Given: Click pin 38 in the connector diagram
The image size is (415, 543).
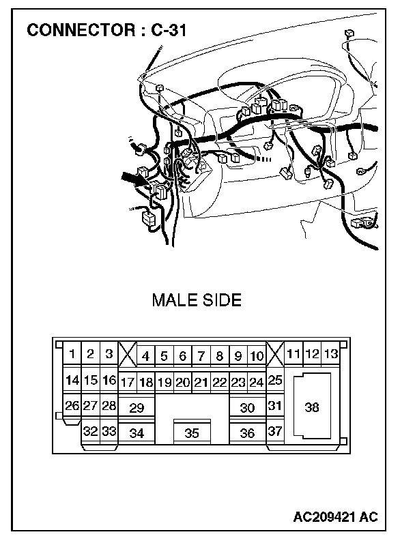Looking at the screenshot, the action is pos(312,408).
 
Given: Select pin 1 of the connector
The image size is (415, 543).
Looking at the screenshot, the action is pos(72,354).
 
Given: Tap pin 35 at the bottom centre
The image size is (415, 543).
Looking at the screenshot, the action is pos(192,433).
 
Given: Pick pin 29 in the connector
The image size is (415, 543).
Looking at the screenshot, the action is pos(137,408).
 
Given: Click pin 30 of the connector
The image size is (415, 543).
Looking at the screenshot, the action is pos(247,408).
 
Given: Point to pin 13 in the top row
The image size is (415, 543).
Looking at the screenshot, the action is pos(330,354).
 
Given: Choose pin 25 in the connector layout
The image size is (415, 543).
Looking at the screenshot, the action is pos(275,381).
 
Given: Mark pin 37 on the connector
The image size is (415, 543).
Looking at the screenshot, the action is pos(275,432).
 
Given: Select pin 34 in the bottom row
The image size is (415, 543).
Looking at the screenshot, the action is pos(137,433).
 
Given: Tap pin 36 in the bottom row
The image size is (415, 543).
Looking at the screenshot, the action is pos(247,433).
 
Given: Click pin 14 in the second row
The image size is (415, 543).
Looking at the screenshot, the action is pos(72,381).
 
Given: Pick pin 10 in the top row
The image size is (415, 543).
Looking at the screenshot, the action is pos(256,356).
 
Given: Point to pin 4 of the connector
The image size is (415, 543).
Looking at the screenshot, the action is pos(145,356).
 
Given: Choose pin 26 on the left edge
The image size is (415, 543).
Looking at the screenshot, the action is pos(72,406).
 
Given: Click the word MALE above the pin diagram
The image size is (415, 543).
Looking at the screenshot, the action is pos(174,300).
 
